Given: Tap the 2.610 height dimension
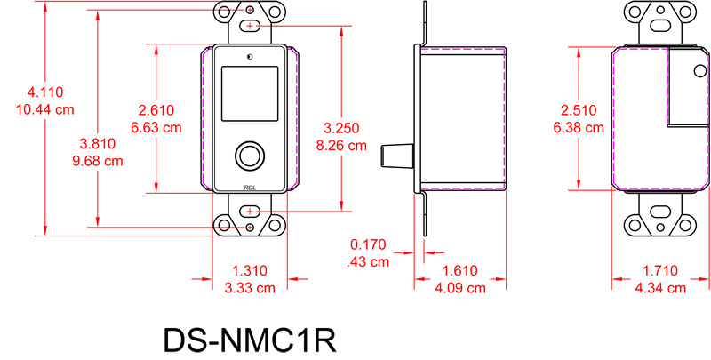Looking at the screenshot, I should click(x=156, y=110).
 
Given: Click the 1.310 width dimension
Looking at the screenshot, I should click(x=250, y=270).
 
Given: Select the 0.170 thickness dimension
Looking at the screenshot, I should click(x=368, y=245).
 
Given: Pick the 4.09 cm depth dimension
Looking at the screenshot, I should click(x=459, y=287).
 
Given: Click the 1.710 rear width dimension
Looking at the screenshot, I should click(x=659, y=270).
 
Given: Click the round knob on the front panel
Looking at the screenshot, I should click(x=250, y=156).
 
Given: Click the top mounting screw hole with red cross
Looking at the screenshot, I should click(x=250, y=26).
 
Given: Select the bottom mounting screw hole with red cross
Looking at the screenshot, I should click(x=250, y=212).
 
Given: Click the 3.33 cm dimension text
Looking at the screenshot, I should click(x=250, y=287).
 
